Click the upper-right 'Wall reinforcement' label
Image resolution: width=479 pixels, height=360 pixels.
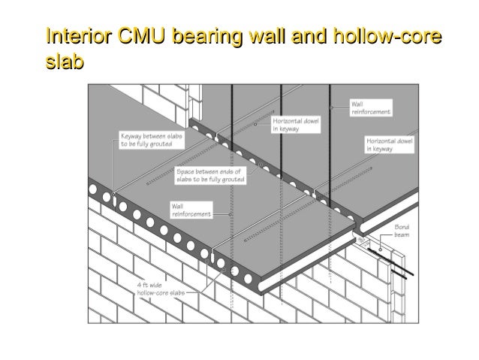pos(370,107)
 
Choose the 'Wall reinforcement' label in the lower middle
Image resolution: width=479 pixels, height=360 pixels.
pos(191,209)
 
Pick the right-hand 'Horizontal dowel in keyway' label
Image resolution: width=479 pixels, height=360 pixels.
pos(389,144)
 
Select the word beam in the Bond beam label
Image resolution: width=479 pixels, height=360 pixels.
pos(403,234)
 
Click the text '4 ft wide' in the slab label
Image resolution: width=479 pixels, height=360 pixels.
pos(151,286)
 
